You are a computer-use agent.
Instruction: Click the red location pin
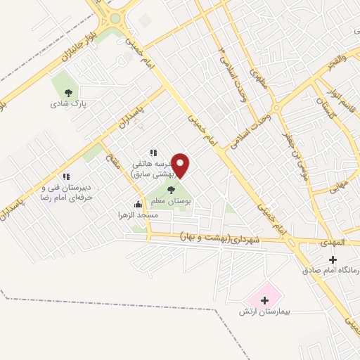tap(181, 165)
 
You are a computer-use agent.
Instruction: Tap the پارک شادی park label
tap(67, 103)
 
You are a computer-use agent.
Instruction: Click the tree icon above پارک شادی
tap(68, 92)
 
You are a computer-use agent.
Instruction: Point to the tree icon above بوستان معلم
tap(172, 189)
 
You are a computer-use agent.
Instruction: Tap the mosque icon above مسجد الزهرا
tap(138, 204)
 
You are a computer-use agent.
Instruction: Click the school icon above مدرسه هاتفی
tap(153, 153)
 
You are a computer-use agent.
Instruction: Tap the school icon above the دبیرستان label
tap(66, 177)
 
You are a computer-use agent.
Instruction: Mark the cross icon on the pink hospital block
tap(264, 300)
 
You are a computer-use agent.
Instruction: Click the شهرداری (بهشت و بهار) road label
tap(219, 238)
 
